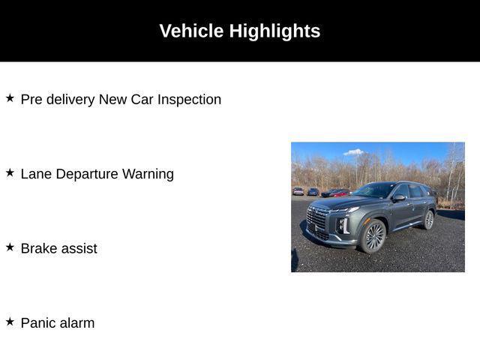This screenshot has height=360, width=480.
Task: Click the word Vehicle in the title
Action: point(192,31)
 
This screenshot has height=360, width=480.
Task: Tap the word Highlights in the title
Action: point(275,31)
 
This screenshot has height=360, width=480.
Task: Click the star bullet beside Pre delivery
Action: point(10,98)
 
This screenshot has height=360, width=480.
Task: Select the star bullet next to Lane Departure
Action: point(10,172)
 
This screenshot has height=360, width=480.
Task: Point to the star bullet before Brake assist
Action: point(10,247)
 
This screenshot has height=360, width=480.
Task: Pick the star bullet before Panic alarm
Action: point(10,322)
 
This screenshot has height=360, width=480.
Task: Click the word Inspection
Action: point(189,100)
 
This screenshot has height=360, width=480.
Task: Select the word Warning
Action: point(148,175)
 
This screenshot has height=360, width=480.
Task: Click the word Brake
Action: point(38,248)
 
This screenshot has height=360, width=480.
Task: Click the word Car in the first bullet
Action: point(142,100)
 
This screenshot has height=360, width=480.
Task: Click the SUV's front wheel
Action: point(373,236)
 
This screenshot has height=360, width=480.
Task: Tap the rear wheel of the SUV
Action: point(428,220)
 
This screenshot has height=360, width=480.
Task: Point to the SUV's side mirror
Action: point(399,198)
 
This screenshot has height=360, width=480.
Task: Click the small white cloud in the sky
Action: point(354,152)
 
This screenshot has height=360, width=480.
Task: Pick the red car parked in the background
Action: point(340,193)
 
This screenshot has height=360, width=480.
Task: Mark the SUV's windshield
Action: point(374,190)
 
